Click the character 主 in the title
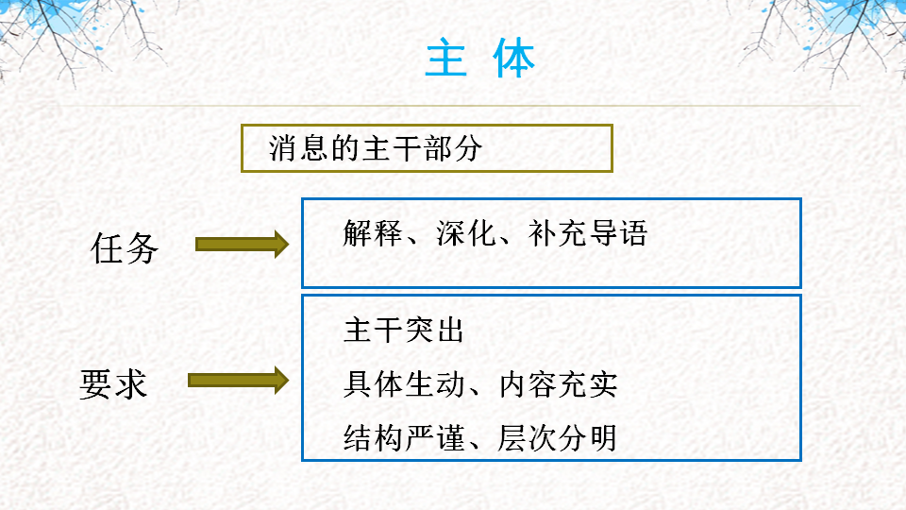[447, 59]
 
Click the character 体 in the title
[514, 59]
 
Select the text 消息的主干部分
[376, 149]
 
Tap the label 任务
[125, 248]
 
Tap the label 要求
[113, 384]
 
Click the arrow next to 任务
[241, 245]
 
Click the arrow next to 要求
[237, 381]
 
